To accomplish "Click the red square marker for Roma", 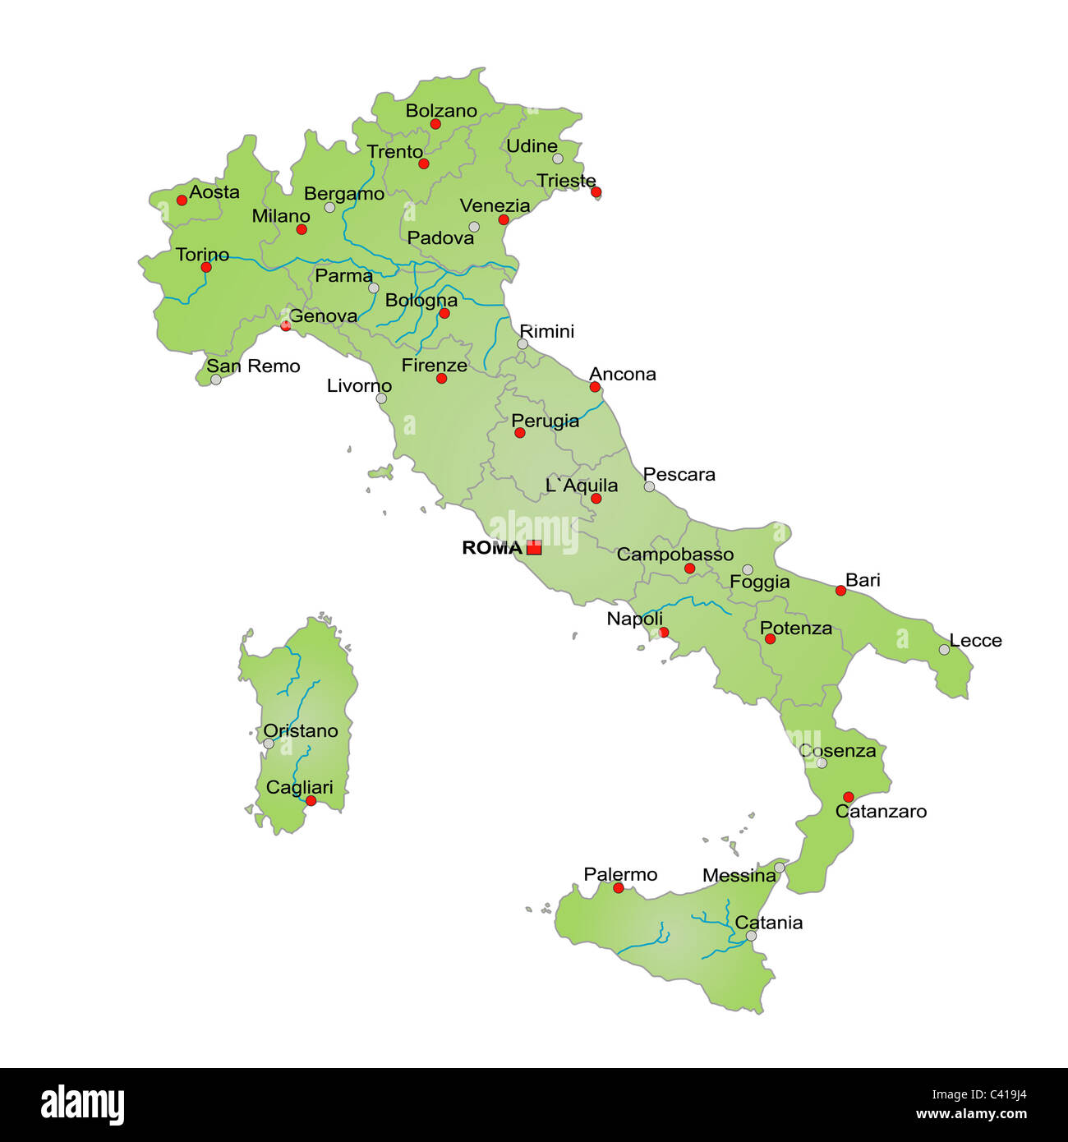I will point(534,547).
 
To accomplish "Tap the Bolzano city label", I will point(441,111).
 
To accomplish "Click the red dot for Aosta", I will point(182,200).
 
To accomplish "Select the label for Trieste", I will point(566,181).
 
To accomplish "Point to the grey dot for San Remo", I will point(215,380).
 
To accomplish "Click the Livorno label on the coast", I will point(359,386).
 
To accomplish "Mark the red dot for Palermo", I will point(619,888).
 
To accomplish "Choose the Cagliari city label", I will point(300,787).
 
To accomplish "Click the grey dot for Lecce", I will point(944,650).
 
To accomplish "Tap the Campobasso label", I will point(674,555).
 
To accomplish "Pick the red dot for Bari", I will point(840,591).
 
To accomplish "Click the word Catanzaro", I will point(881,812).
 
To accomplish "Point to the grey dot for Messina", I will point(779,868).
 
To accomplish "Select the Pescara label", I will point(679,475).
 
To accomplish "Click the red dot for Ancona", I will point(595,387).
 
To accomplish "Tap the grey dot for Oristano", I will point(269,744).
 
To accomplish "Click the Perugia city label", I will point(546,421).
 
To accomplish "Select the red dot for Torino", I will point(206,267).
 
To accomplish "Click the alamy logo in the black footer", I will point(83,1105).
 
